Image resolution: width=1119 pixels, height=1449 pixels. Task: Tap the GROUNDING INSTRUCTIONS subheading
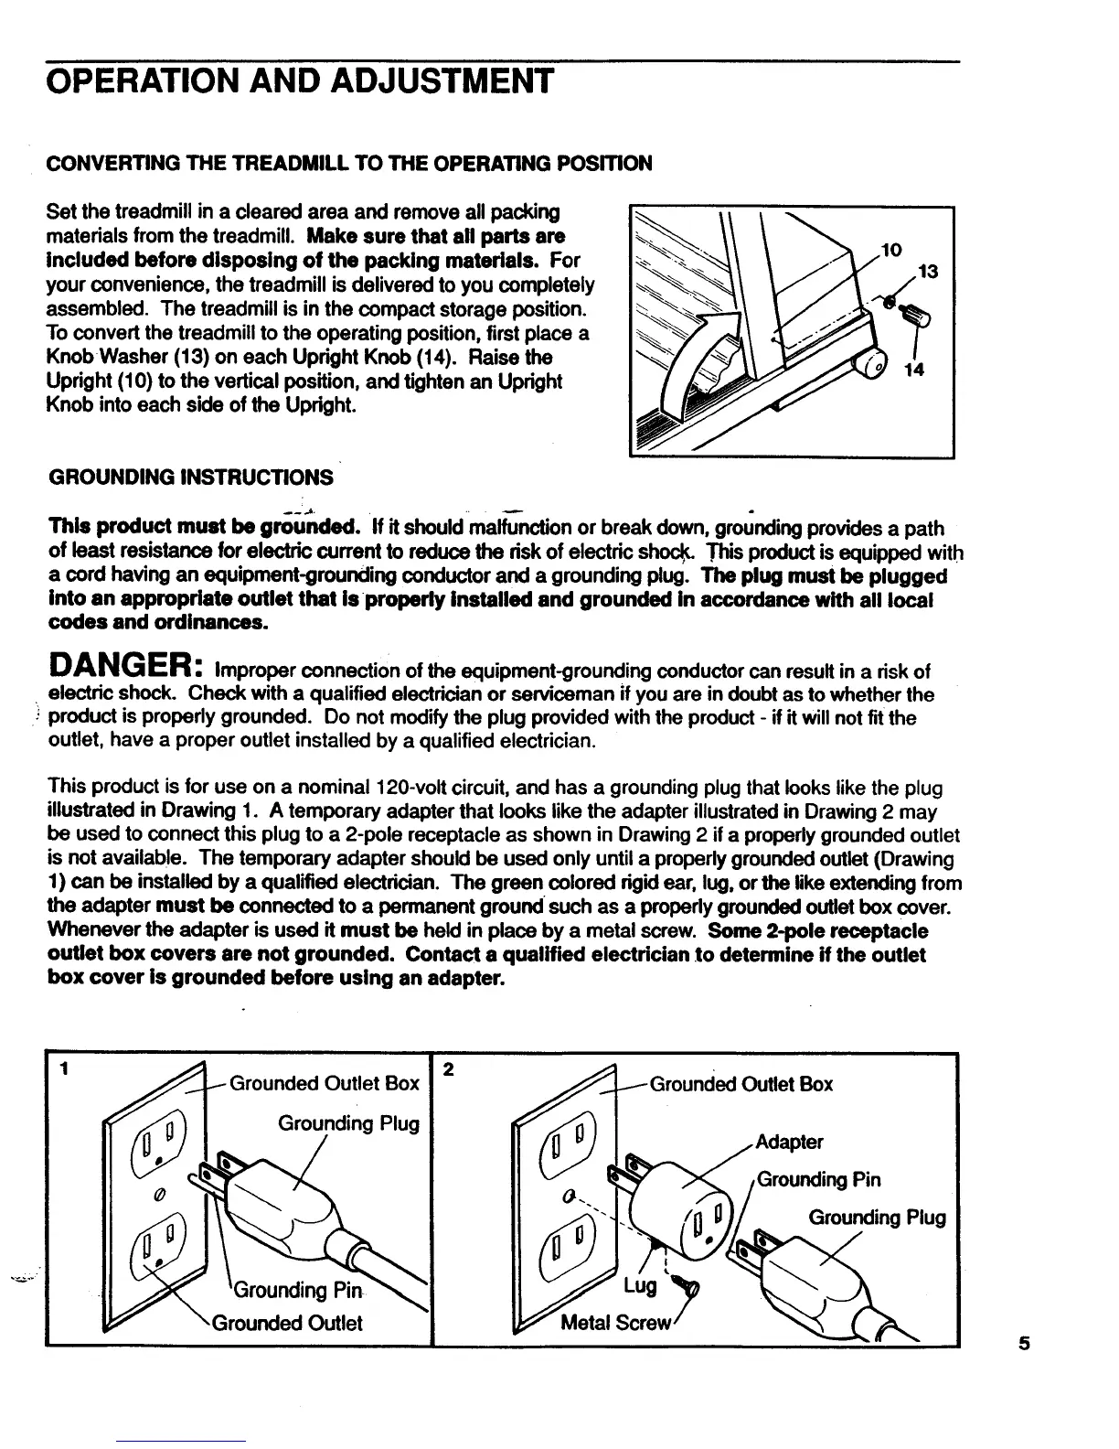190,477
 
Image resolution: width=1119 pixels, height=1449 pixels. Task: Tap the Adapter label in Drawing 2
790,1142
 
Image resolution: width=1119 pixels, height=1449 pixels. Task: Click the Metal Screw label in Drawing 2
617,1323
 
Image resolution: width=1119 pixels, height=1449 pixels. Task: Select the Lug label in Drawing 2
640,1286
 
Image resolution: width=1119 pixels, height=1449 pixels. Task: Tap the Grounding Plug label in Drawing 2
877,1218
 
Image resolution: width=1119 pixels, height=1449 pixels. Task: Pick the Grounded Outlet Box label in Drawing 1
324,1084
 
